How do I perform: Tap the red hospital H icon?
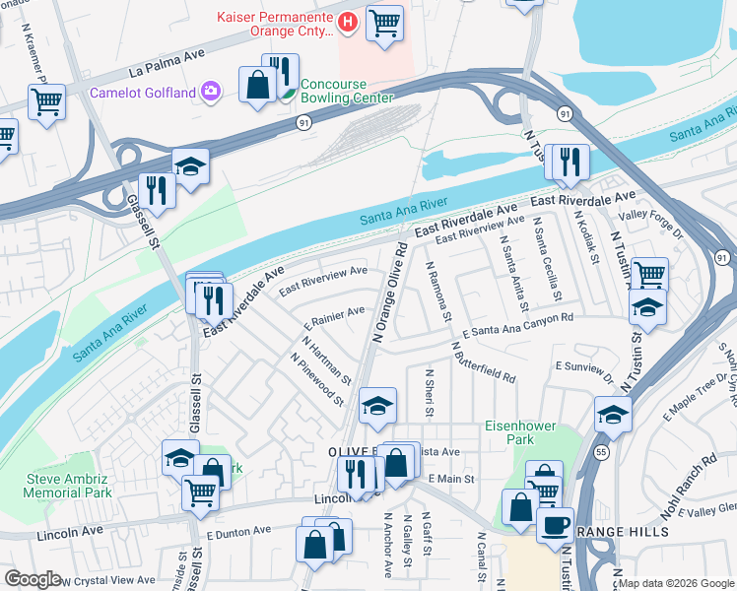347,22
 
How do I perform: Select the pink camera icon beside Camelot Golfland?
212,93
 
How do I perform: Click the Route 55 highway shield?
601,452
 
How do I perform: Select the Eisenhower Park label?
520,432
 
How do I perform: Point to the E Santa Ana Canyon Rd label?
516,326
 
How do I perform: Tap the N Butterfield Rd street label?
483,363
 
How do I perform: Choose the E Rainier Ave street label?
335,317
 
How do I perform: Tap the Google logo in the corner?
33,578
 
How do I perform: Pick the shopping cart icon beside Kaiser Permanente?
384,22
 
